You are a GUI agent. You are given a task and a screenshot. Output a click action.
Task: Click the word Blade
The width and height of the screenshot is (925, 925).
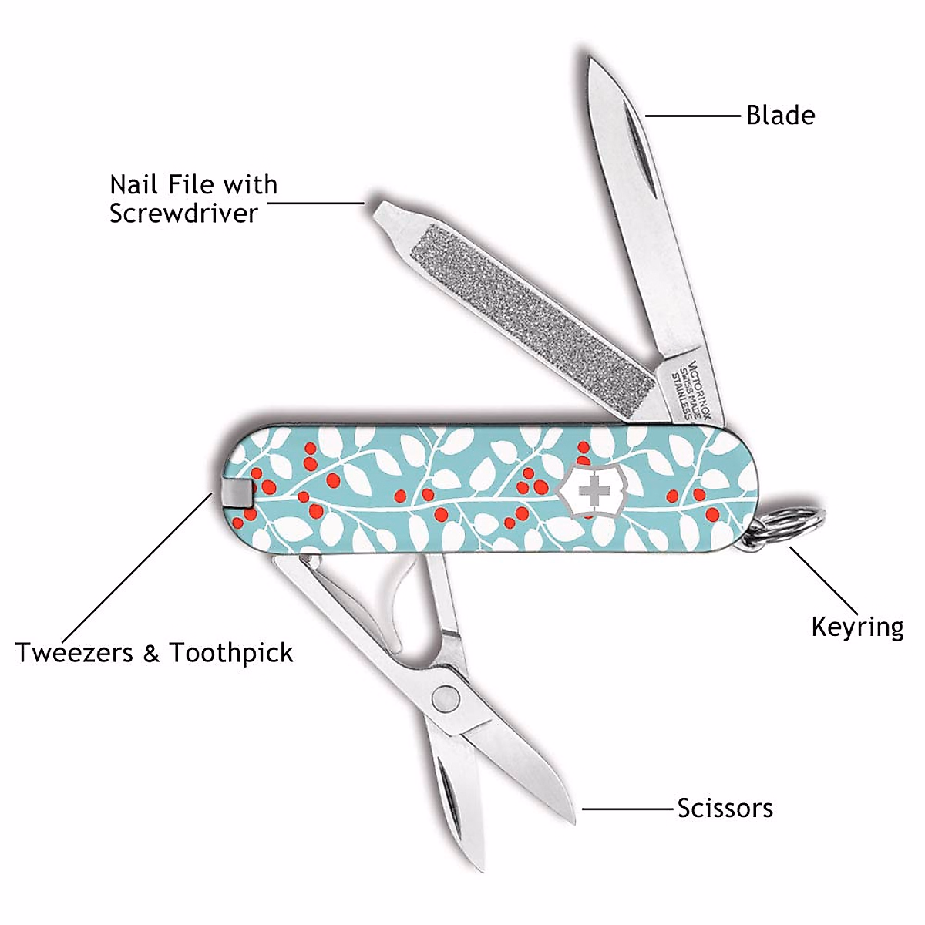click(780, 116)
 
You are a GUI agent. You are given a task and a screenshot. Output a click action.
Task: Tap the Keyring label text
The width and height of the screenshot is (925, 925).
click(857, 627)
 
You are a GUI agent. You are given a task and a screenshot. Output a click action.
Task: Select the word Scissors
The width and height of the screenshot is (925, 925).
click(725, 808)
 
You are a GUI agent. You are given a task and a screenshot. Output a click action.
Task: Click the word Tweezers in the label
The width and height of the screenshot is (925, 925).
click(75, 653)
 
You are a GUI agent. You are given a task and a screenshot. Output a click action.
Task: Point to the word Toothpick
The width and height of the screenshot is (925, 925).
click(231, 654)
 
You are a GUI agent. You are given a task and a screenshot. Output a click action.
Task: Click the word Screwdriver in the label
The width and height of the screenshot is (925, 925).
click(183, 213)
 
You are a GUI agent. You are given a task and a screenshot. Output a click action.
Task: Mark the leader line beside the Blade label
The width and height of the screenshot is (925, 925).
click(691, 116)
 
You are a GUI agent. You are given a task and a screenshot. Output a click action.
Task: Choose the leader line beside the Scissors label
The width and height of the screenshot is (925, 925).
click(627, 809)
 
